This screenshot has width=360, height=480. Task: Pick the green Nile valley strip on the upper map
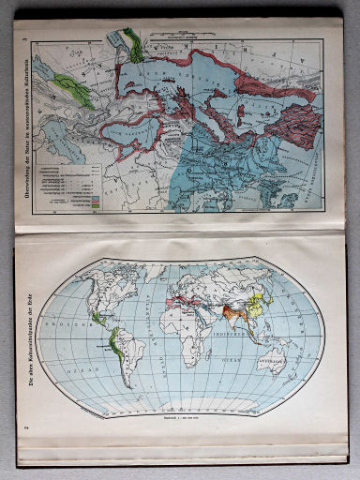coord(135,42)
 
